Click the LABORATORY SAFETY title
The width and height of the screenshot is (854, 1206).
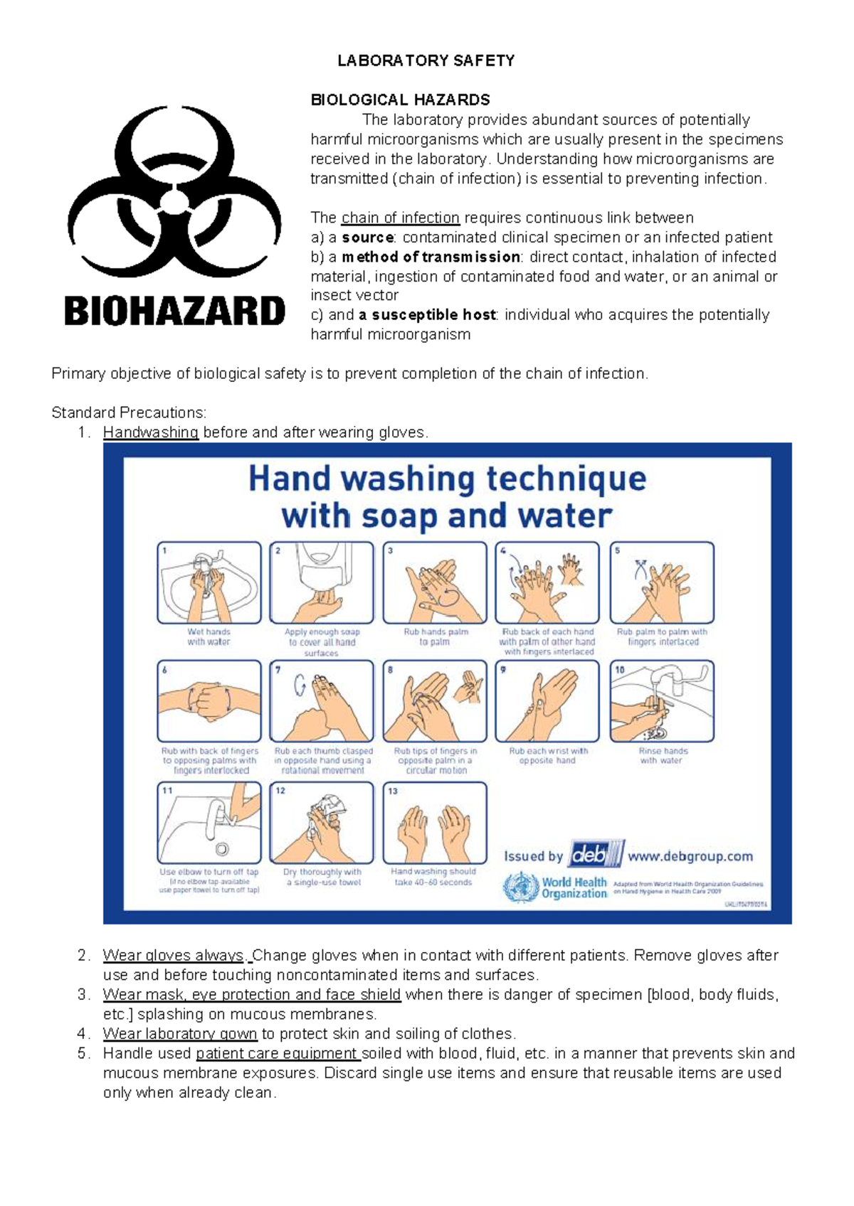(x=426, y=60)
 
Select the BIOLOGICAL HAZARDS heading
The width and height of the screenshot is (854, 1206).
(x=400, y=100)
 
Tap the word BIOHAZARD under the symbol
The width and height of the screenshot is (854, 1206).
(x=174, y=311)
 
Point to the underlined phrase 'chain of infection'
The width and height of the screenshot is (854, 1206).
(x=401, y=218)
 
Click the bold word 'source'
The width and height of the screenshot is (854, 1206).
(x=368, y=238)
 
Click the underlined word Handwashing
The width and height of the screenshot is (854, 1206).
(x=150, y=432)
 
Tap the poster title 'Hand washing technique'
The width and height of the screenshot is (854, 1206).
(x=447, y=479)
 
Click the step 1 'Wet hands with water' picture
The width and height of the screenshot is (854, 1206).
(x=209, y=582)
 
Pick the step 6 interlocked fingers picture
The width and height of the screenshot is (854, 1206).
(x=209, y=700)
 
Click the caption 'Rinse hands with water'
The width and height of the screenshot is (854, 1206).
(x=662, y=755)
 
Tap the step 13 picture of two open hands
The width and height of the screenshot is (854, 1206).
(x=434, y=823)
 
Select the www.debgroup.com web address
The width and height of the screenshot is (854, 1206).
(x=690, y=856)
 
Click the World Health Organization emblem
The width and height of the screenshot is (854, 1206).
(x=521, y=887)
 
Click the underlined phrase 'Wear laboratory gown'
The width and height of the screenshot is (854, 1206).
(x=179, y=1034)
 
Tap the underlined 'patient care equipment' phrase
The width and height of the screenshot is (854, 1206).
(x=278, y=1054)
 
